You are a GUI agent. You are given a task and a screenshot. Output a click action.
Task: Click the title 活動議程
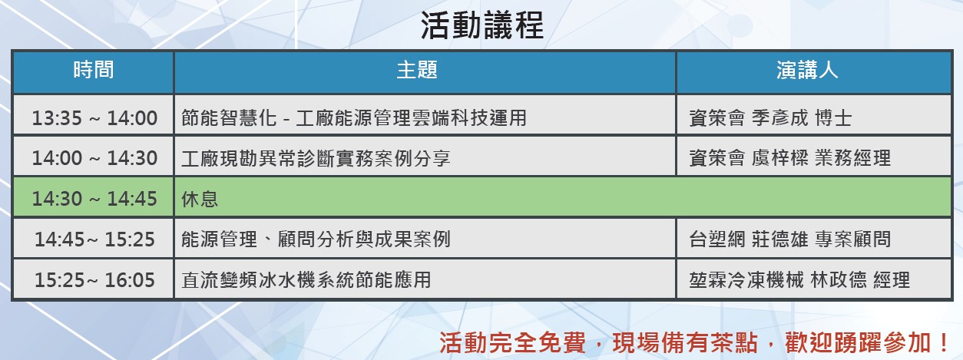482,25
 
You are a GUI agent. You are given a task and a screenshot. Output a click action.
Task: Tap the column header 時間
93,70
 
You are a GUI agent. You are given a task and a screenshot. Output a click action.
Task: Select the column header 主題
416,70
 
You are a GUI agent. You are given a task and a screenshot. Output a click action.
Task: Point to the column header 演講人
807,70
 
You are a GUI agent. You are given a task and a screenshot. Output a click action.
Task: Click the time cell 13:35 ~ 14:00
94,118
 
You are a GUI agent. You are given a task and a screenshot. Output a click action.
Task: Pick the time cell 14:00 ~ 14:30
94,158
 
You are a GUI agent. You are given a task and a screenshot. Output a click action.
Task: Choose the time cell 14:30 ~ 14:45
94,199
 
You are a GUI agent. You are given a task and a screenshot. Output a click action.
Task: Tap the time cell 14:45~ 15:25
94,239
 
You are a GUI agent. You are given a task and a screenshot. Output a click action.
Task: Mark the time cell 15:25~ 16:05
94,280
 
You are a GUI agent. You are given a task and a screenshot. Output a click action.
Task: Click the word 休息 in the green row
200,199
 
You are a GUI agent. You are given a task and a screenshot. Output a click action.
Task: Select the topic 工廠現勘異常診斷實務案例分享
316,159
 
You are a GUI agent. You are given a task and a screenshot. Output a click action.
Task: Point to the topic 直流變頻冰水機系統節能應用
306,280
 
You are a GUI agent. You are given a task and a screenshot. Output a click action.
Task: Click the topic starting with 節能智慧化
354,118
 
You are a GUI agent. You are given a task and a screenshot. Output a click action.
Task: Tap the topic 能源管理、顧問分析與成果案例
316,239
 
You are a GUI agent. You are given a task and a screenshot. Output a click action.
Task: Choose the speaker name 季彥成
780,118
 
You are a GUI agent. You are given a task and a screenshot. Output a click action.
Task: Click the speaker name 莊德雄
780,239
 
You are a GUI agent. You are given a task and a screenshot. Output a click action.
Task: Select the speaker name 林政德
839,280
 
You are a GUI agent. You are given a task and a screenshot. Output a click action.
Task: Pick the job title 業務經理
852,159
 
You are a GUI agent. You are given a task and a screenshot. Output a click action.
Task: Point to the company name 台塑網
717,239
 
